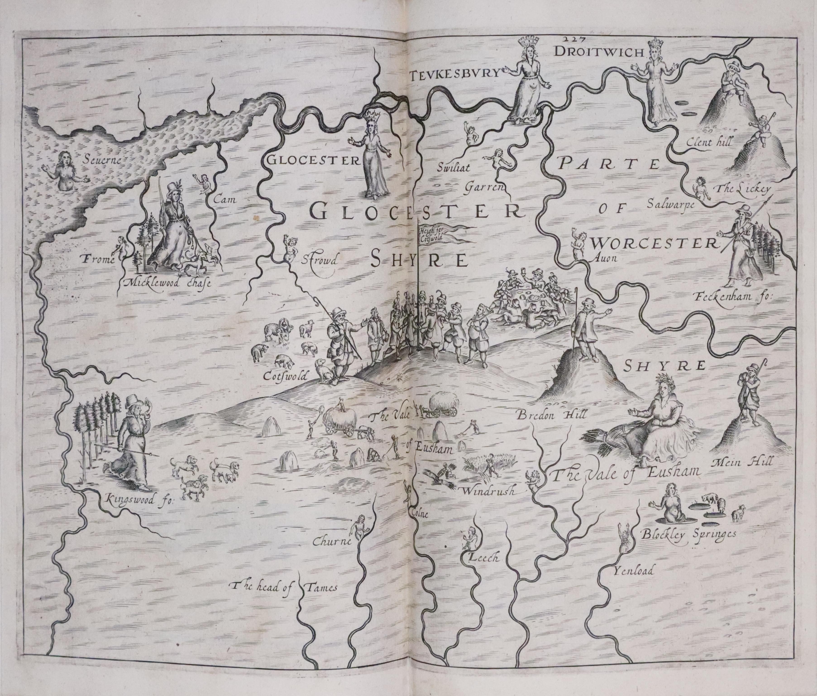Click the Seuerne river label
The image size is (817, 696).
[103, 160]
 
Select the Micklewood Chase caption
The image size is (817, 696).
[167, 282]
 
